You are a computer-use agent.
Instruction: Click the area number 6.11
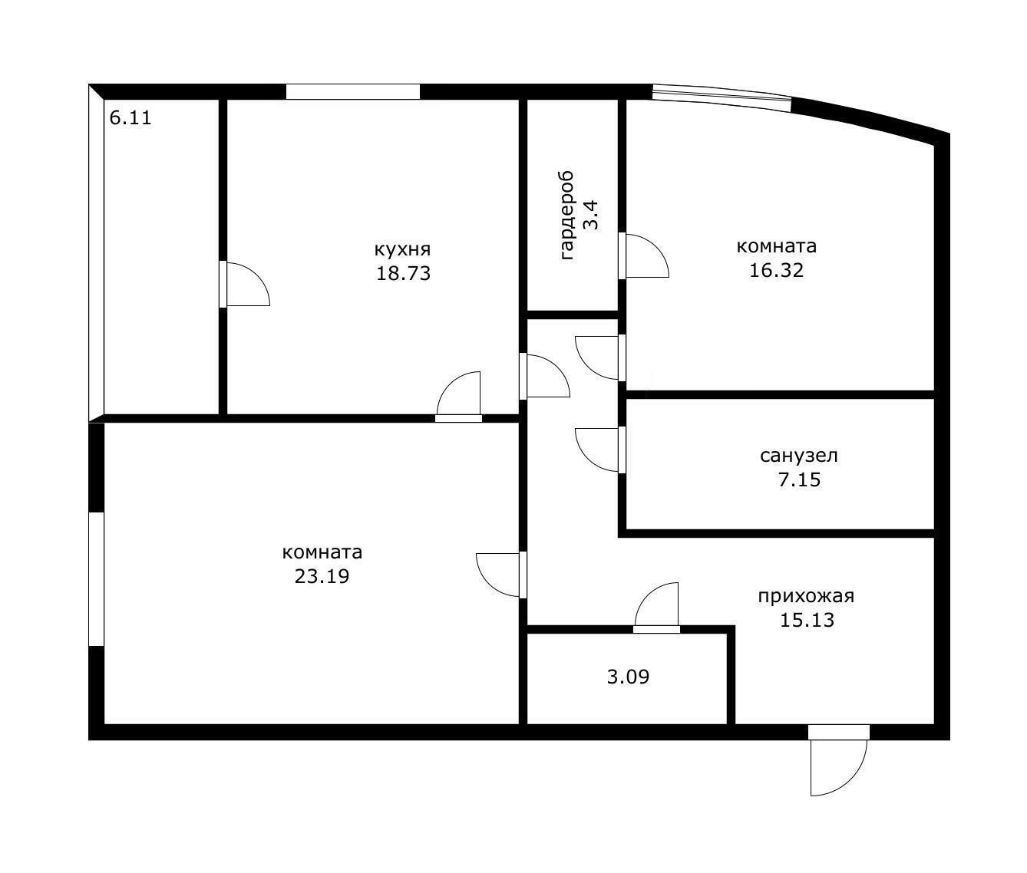click(130, 118)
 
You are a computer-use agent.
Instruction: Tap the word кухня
click(402, 249)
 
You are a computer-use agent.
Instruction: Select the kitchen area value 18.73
click(403, 273)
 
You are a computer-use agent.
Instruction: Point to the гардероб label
click(567, 216)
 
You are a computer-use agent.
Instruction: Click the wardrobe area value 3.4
click(591, 216)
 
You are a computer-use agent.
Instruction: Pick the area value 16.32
click(777, 271)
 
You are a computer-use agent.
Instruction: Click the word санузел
click(799, 456)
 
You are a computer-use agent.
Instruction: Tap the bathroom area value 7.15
click(800, 479)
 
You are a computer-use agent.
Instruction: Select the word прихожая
click(807, 596)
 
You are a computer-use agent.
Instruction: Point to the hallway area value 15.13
click(807, 620)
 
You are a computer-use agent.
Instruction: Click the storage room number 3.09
click(628, 677)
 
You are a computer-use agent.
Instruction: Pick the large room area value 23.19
click(322, 576)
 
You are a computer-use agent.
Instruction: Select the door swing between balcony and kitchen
click(257, 275)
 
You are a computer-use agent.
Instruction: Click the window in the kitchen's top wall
click(353, 92)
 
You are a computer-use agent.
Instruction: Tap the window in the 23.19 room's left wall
click(96, 579)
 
